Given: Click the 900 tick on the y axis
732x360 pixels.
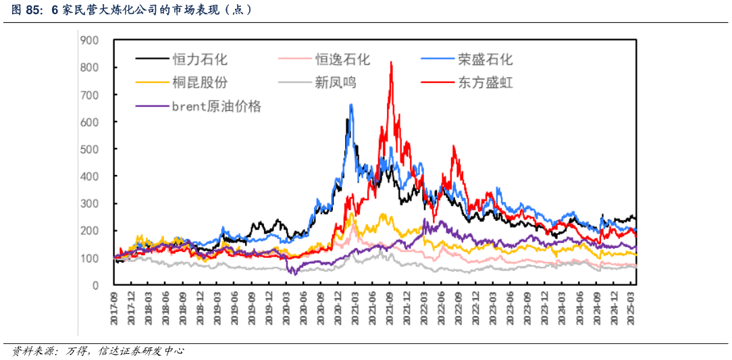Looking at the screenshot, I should (x=89, y=41).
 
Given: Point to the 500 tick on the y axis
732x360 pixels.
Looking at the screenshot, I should (x=89, y=149).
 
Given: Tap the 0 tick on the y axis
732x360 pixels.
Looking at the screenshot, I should (x=95, y=285).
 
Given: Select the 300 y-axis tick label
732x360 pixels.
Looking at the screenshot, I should (x=89, y=203).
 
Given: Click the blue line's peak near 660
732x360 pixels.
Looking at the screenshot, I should (x=351, y=105).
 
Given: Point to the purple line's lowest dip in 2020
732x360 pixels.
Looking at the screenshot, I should (x=295, y=274).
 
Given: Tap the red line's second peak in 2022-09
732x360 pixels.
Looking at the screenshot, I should (x=454, y=147).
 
